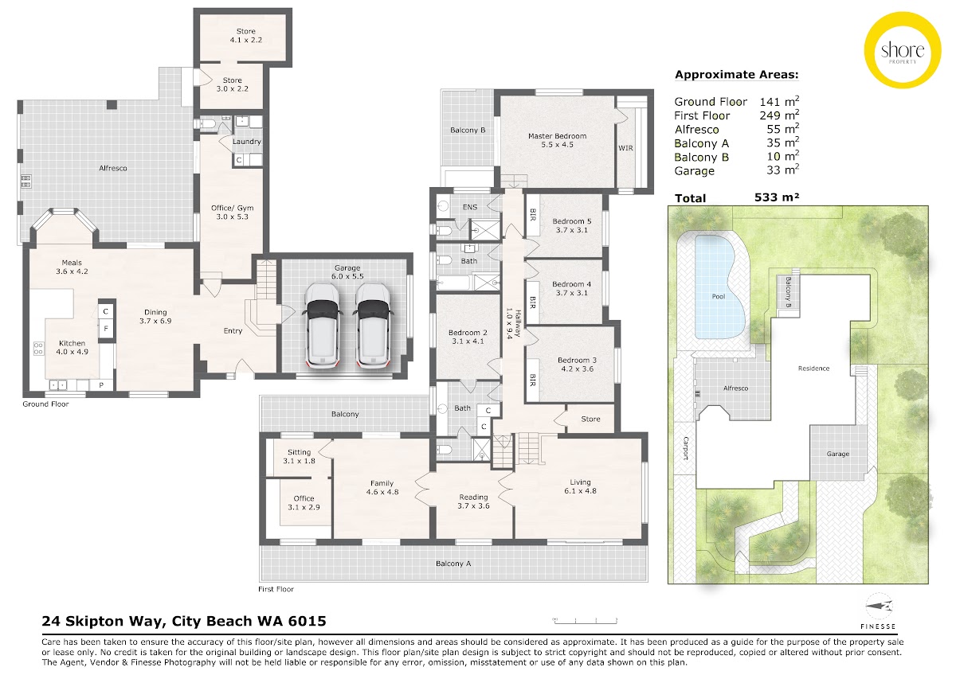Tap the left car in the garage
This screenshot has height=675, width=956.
tap(322, 325)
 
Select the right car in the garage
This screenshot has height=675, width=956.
tap(373, 325)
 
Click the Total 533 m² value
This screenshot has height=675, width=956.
tap(776, 197)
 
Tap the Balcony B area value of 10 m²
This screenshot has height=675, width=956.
tap(782, 156)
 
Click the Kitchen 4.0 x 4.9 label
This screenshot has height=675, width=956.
tap(72, 348)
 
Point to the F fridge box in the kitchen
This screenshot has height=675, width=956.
tap(106, 328)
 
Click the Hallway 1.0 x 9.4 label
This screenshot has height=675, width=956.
tap(513, 323)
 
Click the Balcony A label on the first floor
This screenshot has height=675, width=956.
tap(453, 564)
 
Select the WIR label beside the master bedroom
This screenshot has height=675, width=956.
tap(625, 148)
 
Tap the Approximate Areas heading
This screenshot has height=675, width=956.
tap(737, 75)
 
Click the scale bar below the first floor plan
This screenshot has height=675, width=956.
tap(585, 621)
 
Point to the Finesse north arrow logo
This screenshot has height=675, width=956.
tap(880, 607)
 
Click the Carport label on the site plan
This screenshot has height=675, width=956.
tap(686, 448)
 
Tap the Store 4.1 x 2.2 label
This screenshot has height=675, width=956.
tap(246, 36)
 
